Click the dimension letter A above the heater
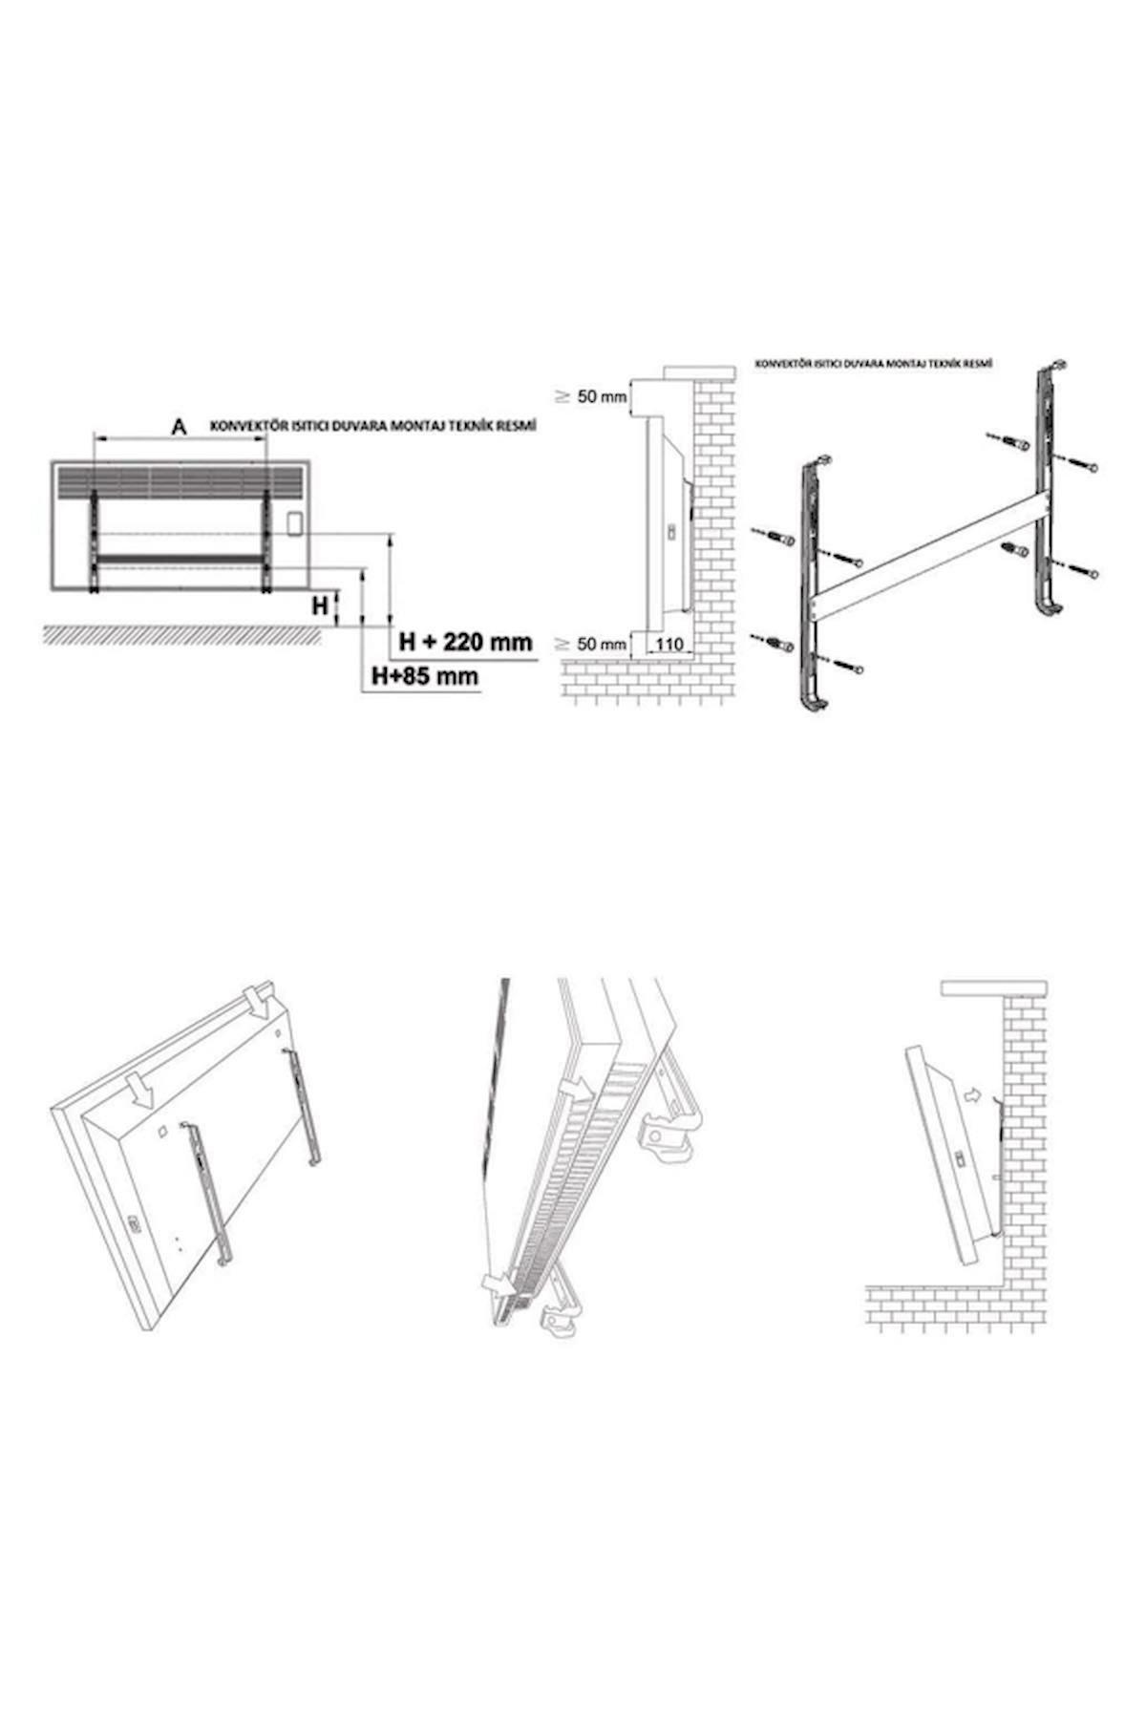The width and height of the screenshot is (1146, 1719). point(178,427)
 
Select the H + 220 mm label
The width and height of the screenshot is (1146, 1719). point(465,641)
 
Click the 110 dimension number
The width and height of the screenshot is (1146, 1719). point(670,645)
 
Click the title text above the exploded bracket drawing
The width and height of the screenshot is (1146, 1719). point(873,364)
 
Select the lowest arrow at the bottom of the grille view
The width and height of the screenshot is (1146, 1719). point(498,1281)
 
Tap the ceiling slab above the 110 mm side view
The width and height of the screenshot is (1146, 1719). point(701,371)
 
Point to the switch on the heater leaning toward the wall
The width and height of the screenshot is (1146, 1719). point(960,1158)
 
